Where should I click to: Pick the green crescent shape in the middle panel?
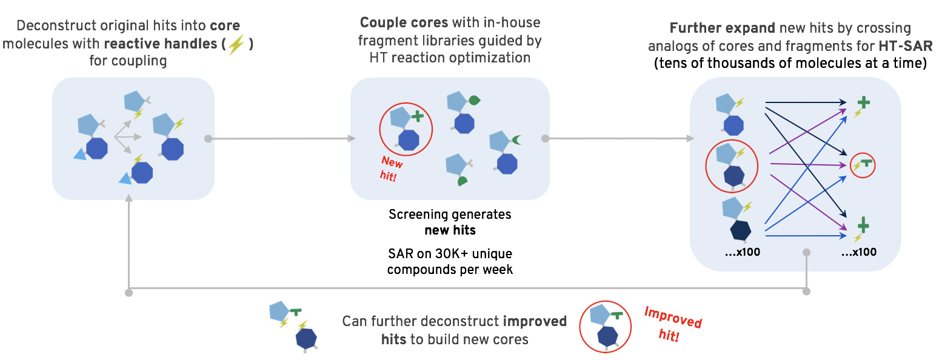pyautogui.click(x=516, y=141)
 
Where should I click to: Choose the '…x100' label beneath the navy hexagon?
pyautogui.click(x=742, y=252)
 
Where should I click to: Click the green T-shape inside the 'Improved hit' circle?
pyautogui.click(x=616, y=315)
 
